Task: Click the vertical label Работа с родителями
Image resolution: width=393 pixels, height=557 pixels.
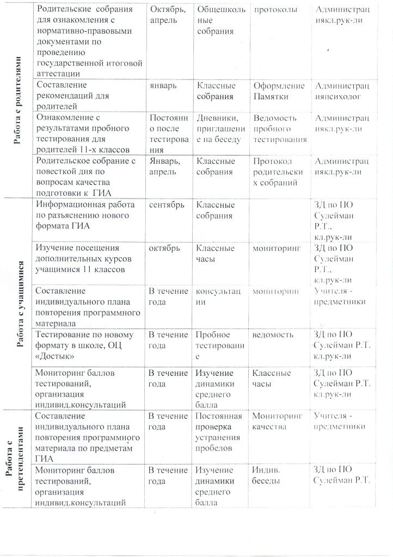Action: click(x=18, y=101)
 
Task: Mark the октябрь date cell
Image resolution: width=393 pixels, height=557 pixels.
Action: click(x=164, y=249)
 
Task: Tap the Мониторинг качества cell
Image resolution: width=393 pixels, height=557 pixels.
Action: click(x=277, y=422)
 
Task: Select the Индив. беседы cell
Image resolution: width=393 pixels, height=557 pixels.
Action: click(x=266, y=475)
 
